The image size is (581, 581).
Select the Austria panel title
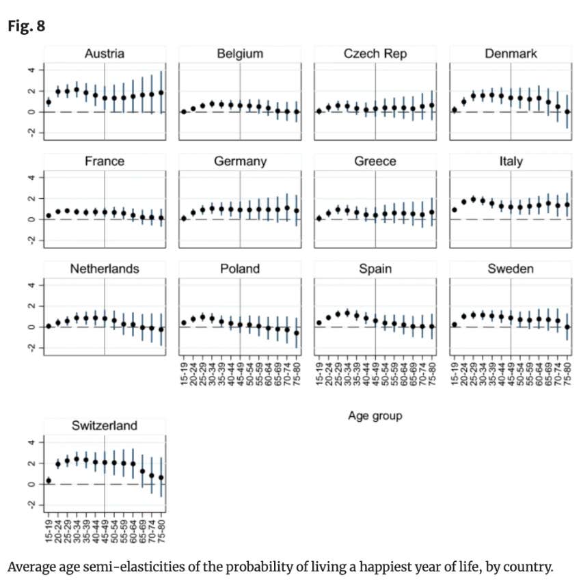104,54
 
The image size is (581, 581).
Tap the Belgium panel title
239,54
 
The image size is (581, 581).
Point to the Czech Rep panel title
375,54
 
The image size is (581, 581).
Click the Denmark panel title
511,54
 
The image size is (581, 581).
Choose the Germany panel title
239,162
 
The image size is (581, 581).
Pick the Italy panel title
511,162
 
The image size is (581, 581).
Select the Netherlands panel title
104,269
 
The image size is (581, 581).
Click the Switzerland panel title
104,427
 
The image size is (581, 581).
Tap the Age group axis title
375,415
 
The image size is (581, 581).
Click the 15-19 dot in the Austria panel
49,102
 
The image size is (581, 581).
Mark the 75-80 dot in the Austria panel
161,92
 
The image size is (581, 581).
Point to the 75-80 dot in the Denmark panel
568,112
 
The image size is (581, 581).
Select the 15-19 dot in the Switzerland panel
49,481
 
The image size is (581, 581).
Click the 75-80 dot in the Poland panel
297,333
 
